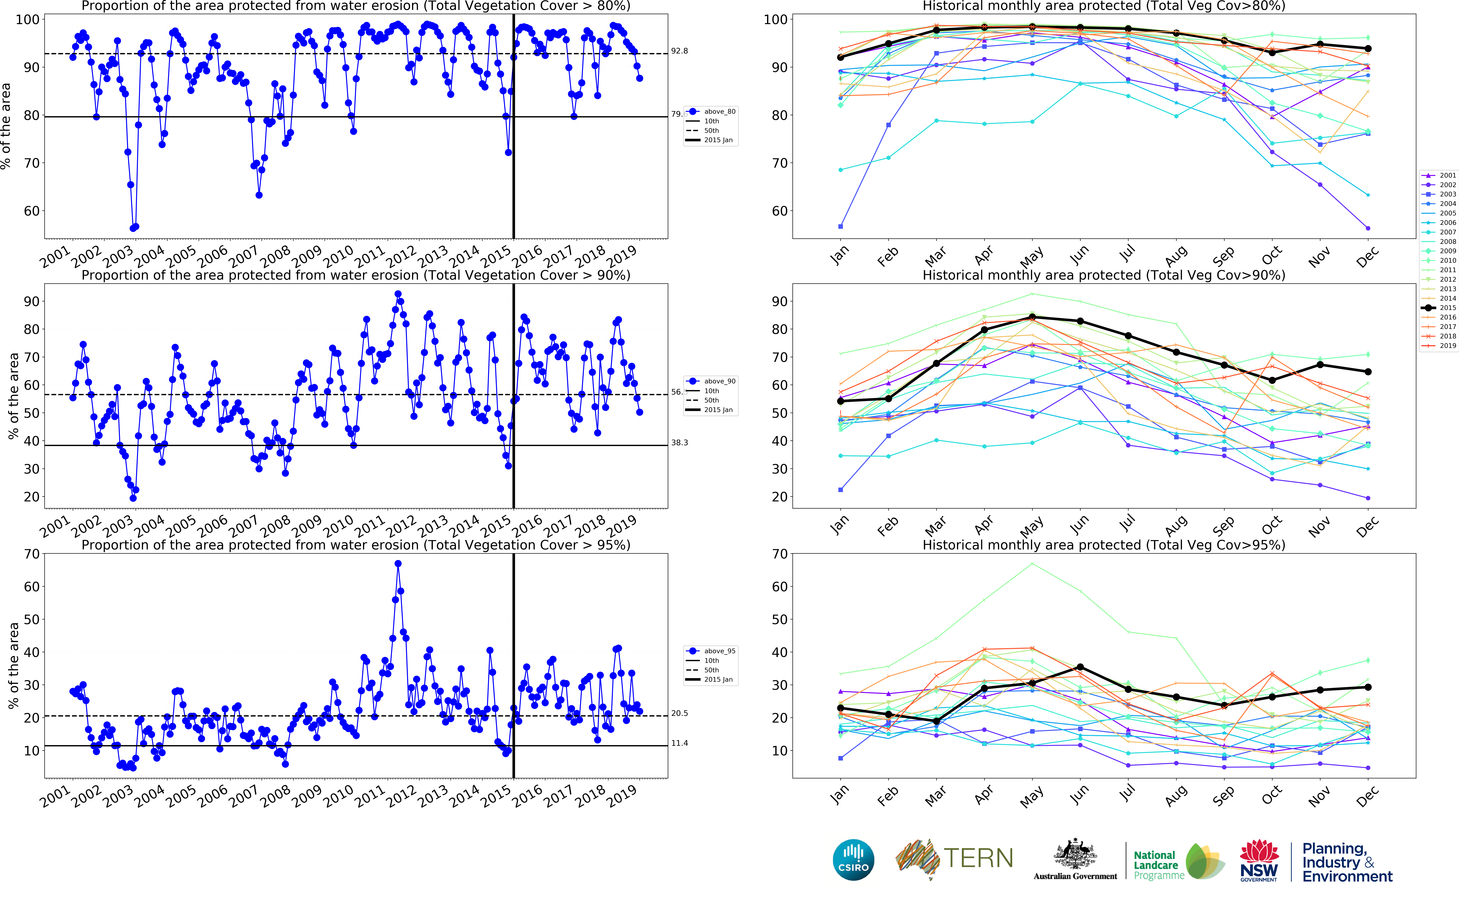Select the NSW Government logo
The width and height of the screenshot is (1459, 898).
[1259, 860]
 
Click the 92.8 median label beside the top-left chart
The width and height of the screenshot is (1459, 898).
[679, 51]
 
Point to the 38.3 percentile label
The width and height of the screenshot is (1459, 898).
[679, 442]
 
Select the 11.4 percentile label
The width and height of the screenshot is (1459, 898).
[679, 743]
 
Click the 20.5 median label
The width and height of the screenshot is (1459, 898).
[679, 713]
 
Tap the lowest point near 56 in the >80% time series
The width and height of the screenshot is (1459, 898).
[133, 228]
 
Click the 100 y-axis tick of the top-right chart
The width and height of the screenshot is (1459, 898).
[775, 20]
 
